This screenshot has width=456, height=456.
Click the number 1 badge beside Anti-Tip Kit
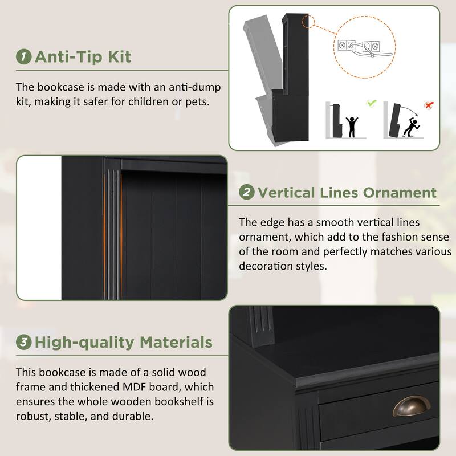[24, 57]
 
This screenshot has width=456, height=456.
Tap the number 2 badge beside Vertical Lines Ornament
[247, 192]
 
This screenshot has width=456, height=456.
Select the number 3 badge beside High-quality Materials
[24, 343]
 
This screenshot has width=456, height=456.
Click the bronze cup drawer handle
[411, 406]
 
